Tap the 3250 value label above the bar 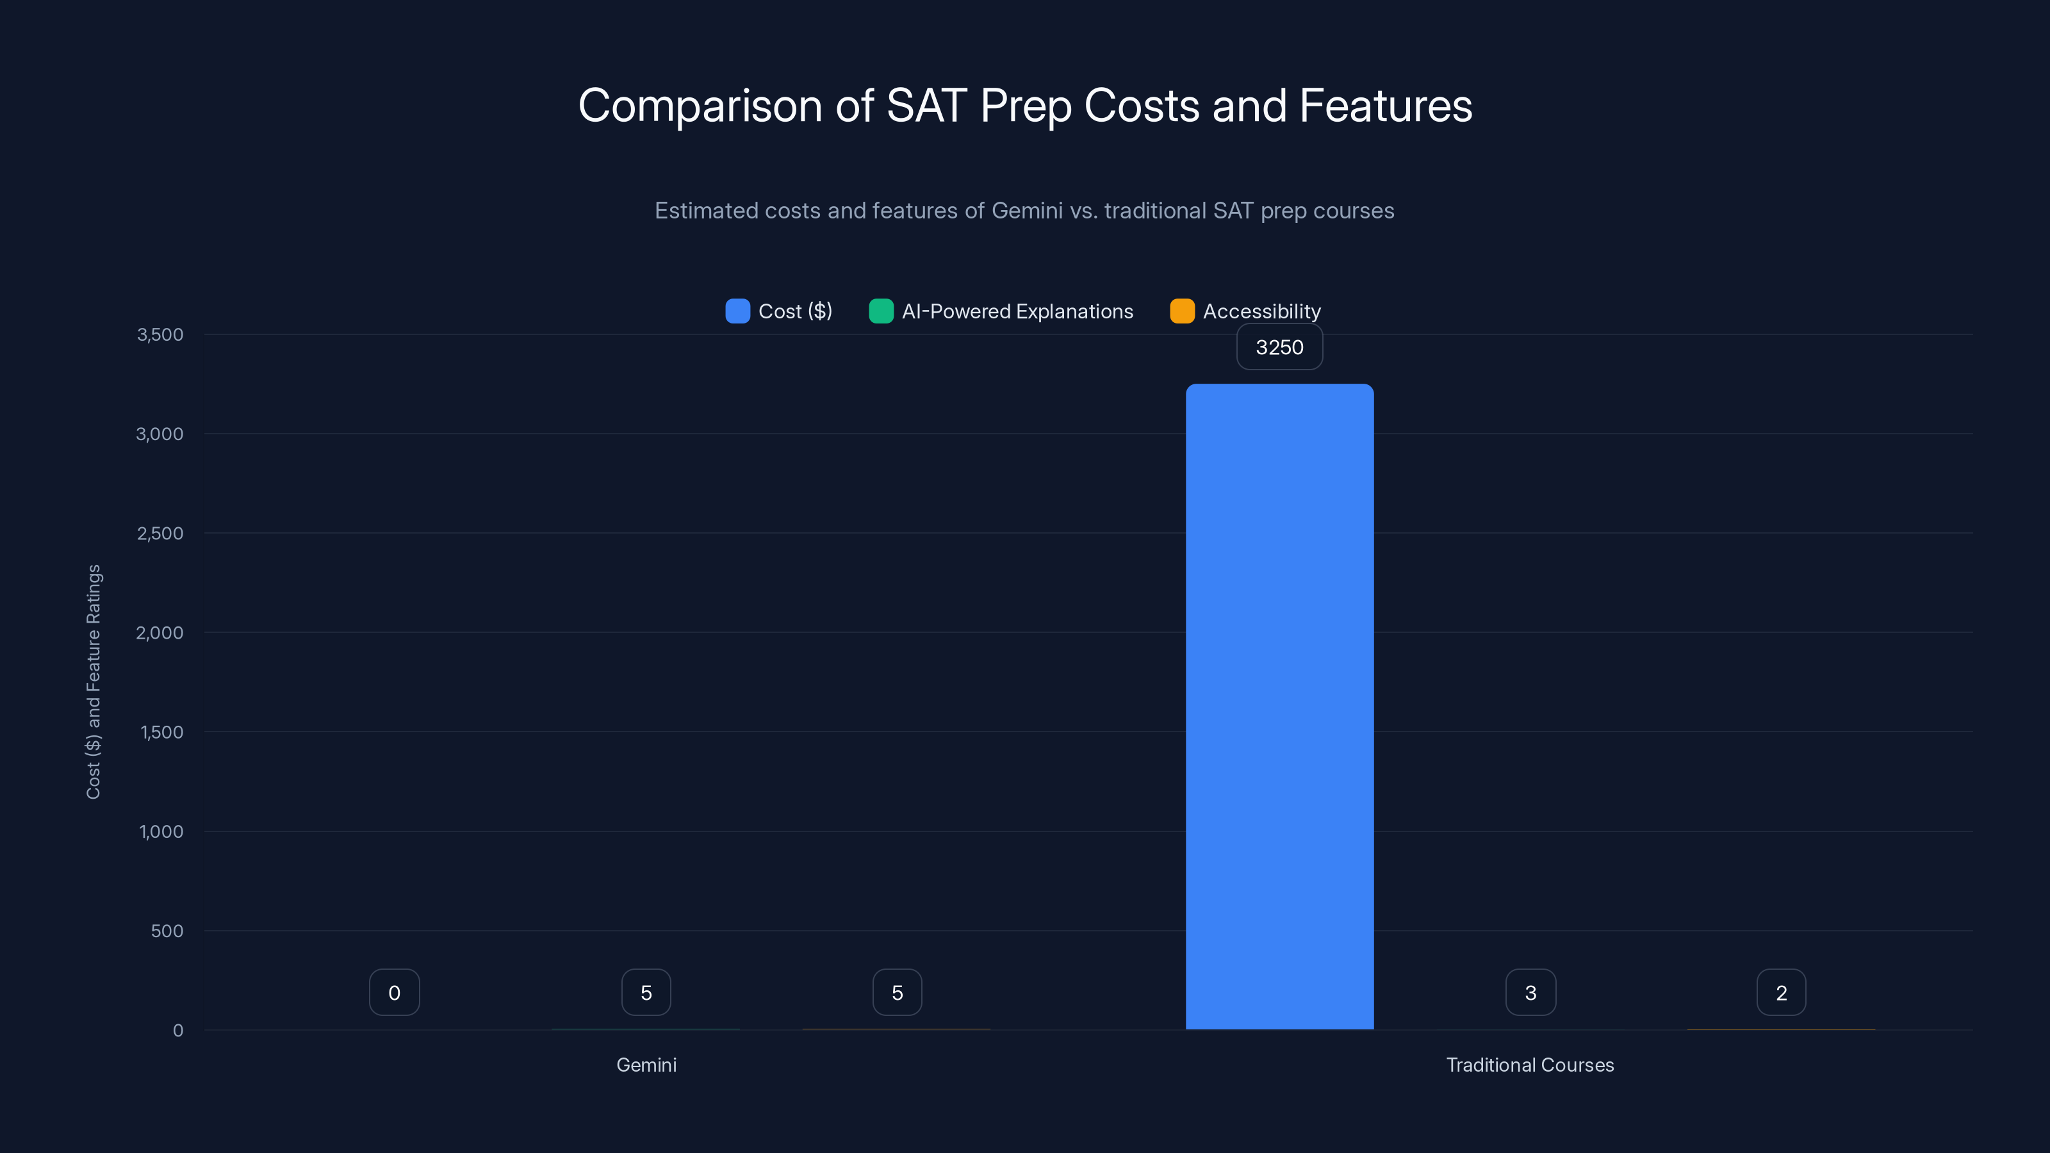point(1279,347)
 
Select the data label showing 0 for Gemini point(394,992)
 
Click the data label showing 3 point(1530,992)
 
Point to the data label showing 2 point(1781,992)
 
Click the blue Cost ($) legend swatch point(737,311)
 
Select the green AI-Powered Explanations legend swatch point(881,311)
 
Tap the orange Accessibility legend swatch point(1182,311)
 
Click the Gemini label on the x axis point(646,1065)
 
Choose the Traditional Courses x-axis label point(1530,1065)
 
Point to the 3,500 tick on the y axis point(160,334)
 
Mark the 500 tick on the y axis point(167,931)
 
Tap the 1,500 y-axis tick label point(161,732)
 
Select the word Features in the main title point(1386,105)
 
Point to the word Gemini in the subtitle point(1026,211)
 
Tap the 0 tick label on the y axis point(178,1031)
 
